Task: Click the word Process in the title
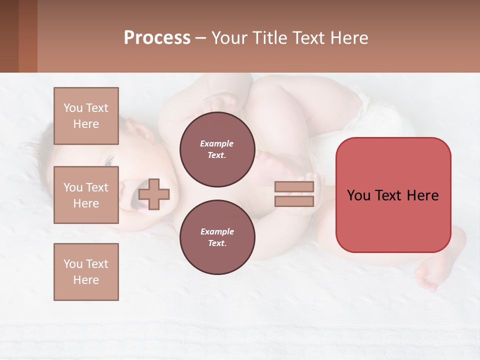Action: pyautogui.click(x=157, y=38)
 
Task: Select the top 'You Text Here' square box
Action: pyautogui.click(x=86, y=116)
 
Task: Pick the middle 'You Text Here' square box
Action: pyautogui.click(x=86, y=195)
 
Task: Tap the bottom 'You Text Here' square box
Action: pyautogui.click(x=86, y=272)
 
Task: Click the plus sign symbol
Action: pyautogui.click(x=154, y=194)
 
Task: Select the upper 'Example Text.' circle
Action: pyautogui.click(x=217, y=149)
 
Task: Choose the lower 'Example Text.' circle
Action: pyautogui.click(x=217, y=237)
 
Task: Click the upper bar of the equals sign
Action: pyautogui.click(x=294, y=187)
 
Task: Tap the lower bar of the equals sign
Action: pyautogui.click(x=294, y=201)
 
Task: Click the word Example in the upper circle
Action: pyautogui.click(x=216, y=144)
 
